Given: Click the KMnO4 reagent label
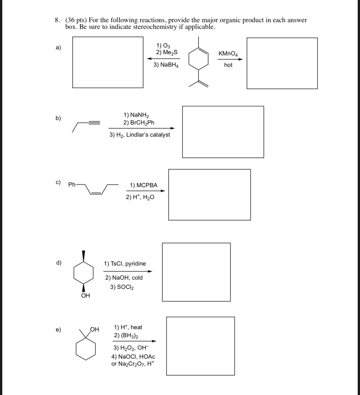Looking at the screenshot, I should pos(228,54).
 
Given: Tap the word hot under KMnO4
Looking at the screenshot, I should pos(228,65).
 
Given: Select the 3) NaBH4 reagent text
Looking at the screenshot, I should pos(166,65).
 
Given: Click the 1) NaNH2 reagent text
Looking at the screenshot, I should pos(136,115).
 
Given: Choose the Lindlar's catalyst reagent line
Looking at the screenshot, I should pos(140,135).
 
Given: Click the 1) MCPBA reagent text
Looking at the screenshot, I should pos(143,185).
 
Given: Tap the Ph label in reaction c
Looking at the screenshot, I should pos(72,185).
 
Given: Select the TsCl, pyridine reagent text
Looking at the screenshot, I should pos(125,264).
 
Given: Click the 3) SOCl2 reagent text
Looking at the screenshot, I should pos(122,287).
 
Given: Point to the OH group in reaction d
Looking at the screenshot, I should pos(85,296).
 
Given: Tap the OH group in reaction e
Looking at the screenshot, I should pos(94,329).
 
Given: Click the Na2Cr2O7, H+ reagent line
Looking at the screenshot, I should pos(133,364).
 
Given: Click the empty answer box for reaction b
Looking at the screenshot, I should pos(223,132).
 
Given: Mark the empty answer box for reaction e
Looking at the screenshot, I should pos(200,346).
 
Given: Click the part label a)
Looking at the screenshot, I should pos(58,48).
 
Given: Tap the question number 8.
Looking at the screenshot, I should pos(57,20).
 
